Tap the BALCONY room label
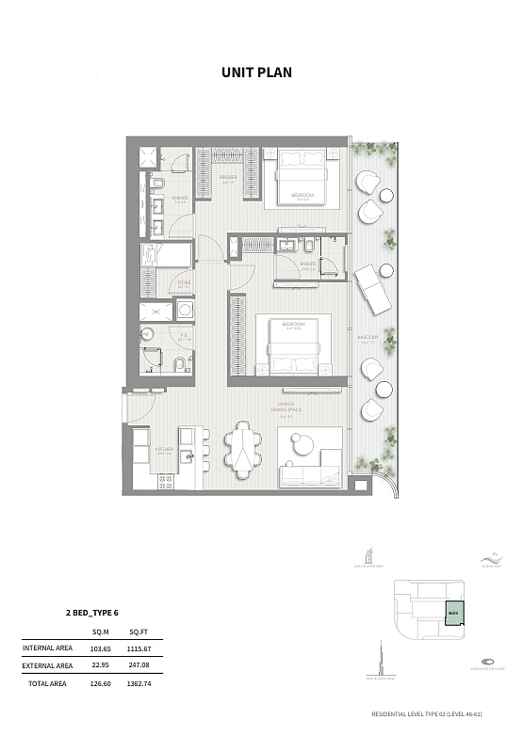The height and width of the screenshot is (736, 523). (368, 337)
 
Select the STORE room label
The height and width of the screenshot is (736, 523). (185, 281)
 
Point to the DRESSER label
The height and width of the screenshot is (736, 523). (227, 177)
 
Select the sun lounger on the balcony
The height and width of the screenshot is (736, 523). (372, 289)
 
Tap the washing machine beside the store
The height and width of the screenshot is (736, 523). (185, 309)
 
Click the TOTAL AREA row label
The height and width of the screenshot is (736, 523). (46, 684)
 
